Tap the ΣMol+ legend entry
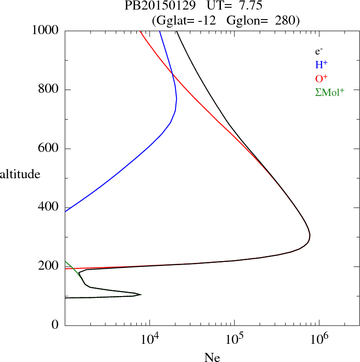pyautogui.click(x=330, y=92)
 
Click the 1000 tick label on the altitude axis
pyautogui.click(x=46, y=30)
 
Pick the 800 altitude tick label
pyautogui.click(x=49, y=90)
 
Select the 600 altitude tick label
pyautogui.click(x=49, y=149)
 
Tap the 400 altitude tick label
pyautogui.click(x=49, y=207)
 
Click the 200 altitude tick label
pyautogui.click(x=49, y=266)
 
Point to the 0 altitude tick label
pyautogui.click(x=55, y=325)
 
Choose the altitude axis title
pyautogui.click(x=20, y=174)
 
